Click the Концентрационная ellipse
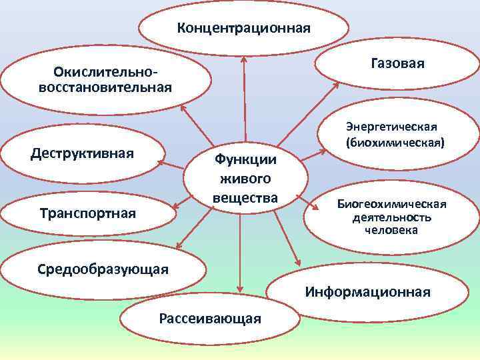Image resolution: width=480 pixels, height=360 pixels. (x=243, y=29)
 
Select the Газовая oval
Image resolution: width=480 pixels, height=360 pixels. (x=397, y=63)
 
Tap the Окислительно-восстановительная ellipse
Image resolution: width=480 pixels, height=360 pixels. (x=105, y=79)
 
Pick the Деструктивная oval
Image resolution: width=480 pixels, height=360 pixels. (x=83, y=154)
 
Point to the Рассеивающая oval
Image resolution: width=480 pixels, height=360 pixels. (x=210, y=318)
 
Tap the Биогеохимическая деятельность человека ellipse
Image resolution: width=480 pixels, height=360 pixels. (x=391, y=217)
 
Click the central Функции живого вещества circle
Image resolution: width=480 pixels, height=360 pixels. (x=245, y=179)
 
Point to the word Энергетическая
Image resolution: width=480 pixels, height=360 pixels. (x=391, y=127)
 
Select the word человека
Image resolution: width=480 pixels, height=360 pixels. (x=391, y=230)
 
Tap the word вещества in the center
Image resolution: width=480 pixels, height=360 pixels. (x=245, y=197)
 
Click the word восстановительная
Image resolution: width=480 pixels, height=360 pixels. (x=105, y=87)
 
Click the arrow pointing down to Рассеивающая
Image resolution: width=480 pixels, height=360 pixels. (x=239, y=253)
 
